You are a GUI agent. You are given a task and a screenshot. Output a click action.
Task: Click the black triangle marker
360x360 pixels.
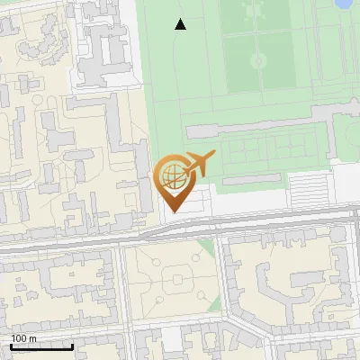(181, 25)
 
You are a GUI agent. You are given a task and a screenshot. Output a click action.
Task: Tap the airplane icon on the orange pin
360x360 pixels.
(200, 164)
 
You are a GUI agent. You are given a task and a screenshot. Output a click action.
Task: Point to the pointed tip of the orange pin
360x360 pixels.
(174, 211)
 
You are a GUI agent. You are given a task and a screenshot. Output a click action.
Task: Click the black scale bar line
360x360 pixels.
(41, 346)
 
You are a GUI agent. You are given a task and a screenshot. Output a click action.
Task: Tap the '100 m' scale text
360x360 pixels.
(23, 338)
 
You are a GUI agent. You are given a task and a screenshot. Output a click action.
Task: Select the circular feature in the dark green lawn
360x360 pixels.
(258, 61)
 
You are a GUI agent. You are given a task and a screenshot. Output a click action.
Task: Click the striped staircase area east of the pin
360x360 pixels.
(308, 188)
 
